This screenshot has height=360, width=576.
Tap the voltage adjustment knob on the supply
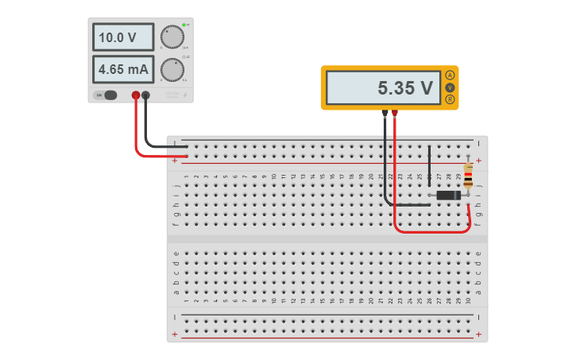172,37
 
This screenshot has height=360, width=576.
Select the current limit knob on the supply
172,70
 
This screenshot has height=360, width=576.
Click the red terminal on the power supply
136,95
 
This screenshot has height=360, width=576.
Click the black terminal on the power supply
145,95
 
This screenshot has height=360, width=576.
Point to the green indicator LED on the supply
184,25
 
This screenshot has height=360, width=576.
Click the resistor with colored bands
468,176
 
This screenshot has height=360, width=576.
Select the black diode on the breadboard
448,195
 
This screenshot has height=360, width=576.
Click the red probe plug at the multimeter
395,114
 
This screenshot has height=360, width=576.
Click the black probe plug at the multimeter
385,114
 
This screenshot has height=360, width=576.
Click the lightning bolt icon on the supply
185,95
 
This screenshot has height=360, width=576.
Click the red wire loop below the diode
433,232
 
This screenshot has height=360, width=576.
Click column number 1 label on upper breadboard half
186,176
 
